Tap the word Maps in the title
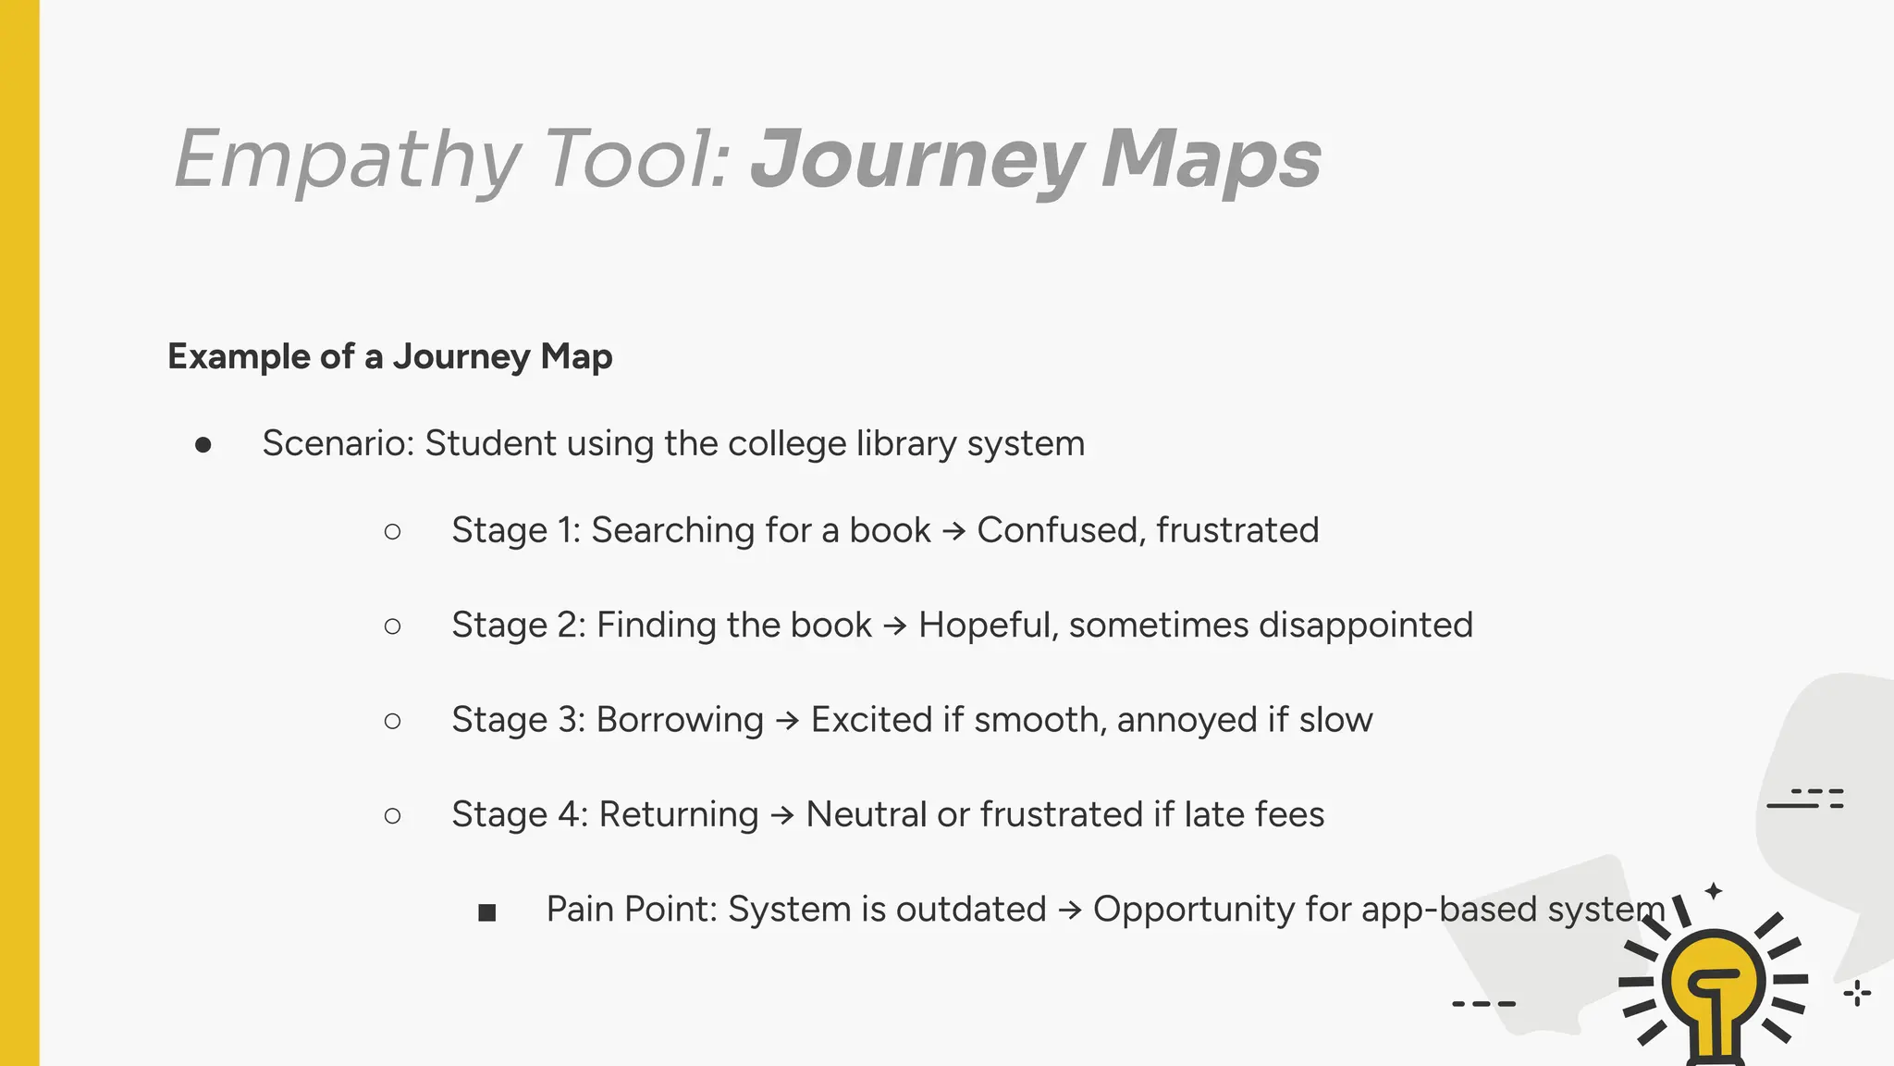point(1211,159)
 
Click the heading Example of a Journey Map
point(389,356)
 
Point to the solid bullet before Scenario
point(203,445)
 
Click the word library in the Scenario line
point(905,443)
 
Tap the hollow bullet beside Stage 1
point(392,531)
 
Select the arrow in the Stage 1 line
point(953,531)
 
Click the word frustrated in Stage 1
point(1237,530)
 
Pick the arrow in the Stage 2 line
point(894,626)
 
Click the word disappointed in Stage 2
point(1365,626)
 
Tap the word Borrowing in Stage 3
point(680,720)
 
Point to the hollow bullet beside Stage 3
point(392,721)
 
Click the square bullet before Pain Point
point(487,913)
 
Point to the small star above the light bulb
point(1714,891)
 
